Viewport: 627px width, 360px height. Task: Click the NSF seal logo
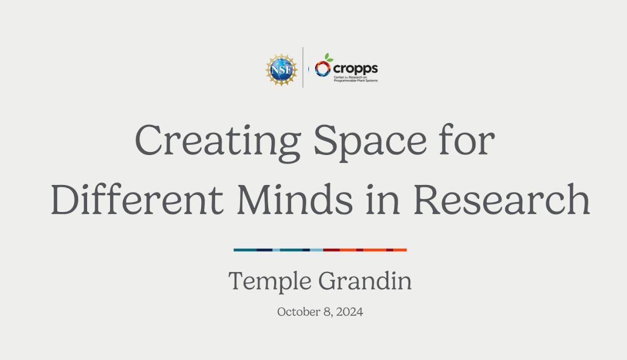(282, 70)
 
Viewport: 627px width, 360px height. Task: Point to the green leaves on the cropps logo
(328, 57)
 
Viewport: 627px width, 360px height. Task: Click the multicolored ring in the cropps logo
(323, 69)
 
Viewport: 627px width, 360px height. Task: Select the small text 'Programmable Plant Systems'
(356, 81)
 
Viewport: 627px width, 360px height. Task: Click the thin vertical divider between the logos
(303, 67)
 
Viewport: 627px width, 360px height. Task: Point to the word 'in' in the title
(383, 199)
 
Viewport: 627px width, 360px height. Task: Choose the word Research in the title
(502, 199)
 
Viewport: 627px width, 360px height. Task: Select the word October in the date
(299, 312)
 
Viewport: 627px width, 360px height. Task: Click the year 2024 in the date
(350, 312)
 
